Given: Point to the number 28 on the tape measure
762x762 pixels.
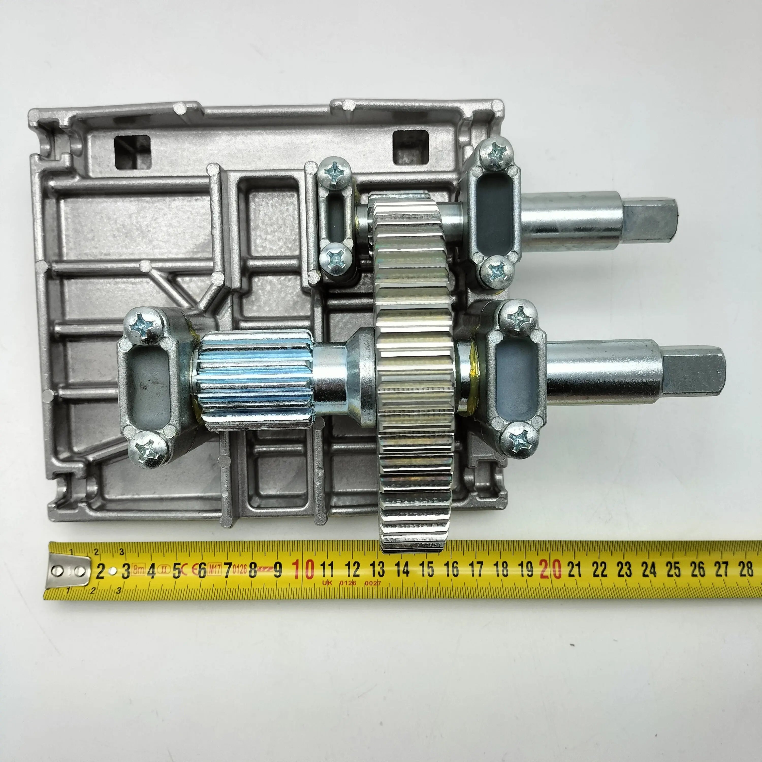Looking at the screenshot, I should tap(745, 569).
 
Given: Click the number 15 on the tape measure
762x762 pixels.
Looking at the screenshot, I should tap(426, 569).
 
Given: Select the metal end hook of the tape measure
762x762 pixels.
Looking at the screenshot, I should tap(68, 571).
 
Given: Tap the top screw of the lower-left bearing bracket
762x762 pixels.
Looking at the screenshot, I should tap(143, 326).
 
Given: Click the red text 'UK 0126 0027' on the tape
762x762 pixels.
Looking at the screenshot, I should tap(351, 582).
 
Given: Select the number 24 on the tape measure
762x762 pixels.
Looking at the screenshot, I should tap(648, 569).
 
